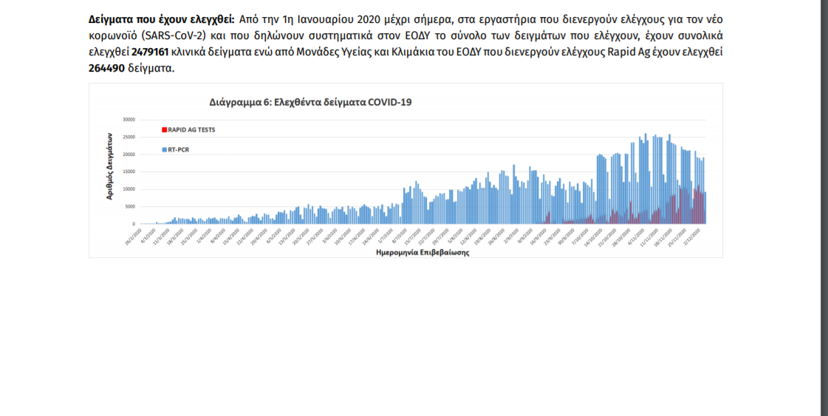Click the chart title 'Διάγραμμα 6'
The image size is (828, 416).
click(x=310, y=102)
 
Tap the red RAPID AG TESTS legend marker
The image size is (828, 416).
click(x=164, y=129)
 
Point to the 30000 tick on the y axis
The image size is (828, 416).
click(x=129, y=119)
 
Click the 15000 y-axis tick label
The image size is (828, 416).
click(x=129, y=171)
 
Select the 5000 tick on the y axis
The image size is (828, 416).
click(x=130, y=206)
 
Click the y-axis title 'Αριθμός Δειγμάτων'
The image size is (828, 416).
click(x=109, y=167)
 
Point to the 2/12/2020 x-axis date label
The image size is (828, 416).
click(x=694, y=236)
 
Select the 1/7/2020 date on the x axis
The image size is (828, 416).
click(x=386, y=236)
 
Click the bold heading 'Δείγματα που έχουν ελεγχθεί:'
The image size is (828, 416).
click(x=161, y=19)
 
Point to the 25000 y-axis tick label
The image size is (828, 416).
click(x=129, y=137)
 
